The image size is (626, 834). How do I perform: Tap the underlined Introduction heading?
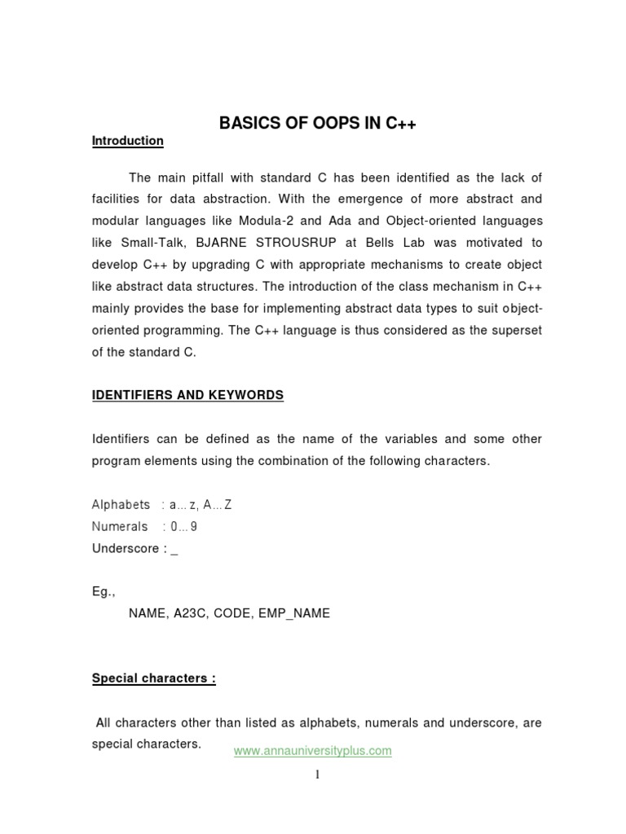pyautogui.click(x=128, y=141)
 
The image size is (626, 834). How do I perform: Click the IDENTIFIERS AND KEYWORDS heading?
pyautogui.click(x=187, y=395)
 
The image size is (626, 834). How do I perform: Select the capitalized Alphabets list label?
pyautogui.click(x=121, y=505)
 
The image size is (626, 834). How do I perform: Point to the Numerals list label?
pyautogui.click(x=120, y=526)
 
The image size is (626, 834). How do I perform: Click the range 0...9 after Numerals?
pyautogui.click(x=183, y=526)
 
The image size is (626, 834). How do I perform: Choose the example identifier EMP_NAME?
pyautogui.click(x=293, y=613)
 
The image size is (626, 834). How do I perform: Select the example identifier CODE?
pyautogui.click(x=231, y=613)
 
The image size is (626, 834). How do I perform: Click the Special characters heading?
pyautogui.click(x=153, y=678)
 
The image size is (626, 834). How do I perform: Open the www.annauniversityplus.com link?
pyautogui.click(x=312, y=751)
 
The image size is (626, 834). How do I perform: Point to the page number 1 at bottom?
pyautogui.click(x=317, y=775)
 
